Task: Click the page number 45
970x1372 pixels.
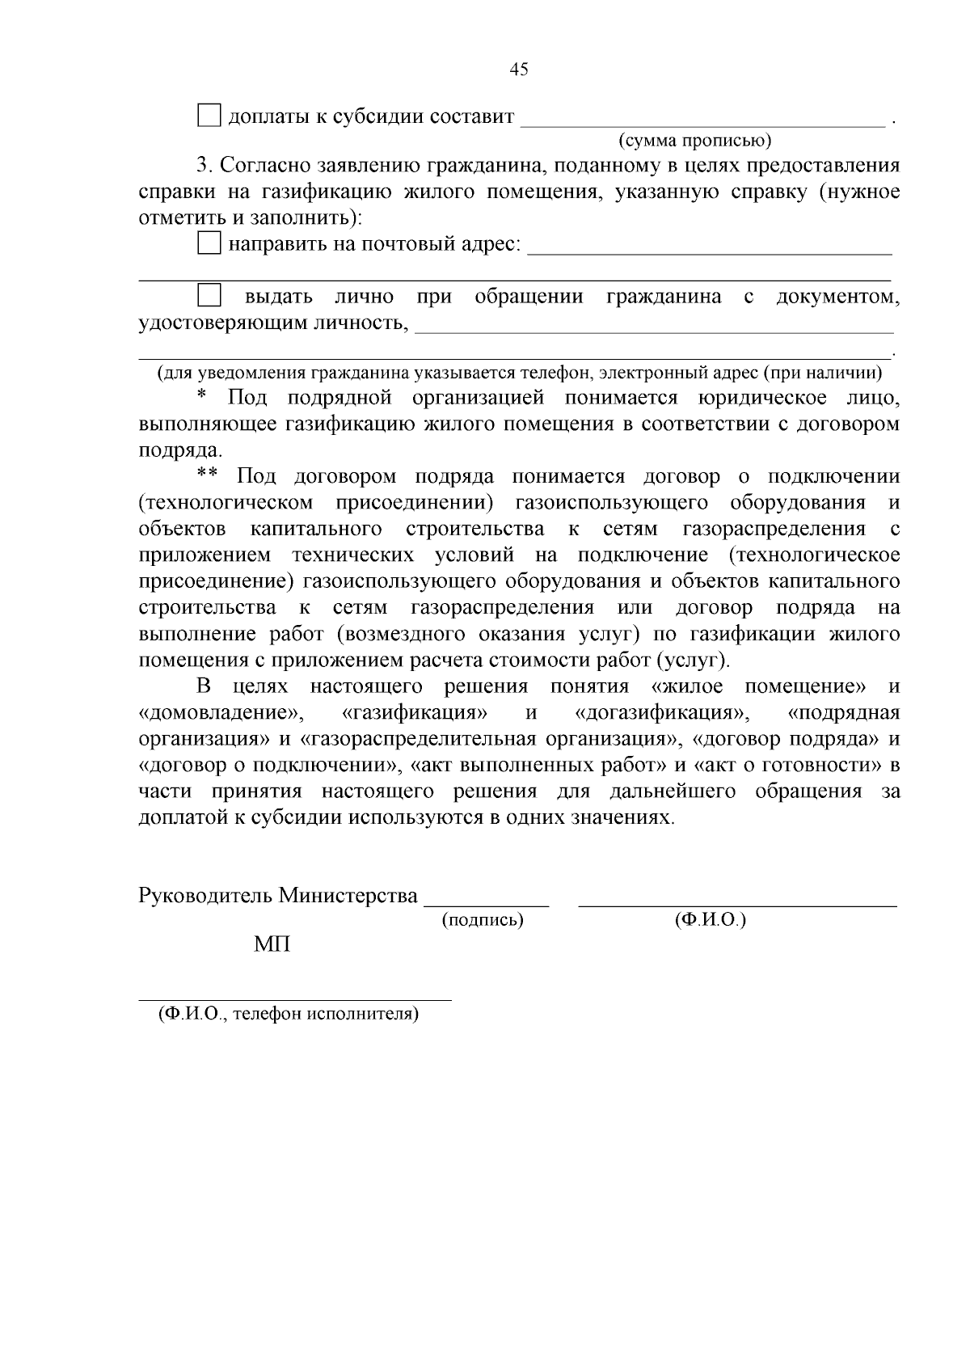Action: click(x=519, y=70)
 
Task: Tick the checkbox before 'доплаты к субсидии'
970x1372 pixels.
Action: click(x=209, y=116)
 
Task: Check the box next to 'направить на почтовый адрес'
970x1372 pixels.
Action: click(x=209, y=243)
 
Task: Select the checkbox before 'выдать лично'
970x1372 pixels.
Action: click(x=209, y=295)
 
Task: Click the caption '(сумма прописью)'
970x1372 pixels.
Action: click(x=695, y=141)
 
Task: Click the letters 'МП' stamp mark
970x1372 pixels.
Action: click(x=272, y=944)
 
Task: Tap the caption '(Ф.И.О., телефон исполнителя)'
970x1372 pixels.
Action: click(x=289, y=1014)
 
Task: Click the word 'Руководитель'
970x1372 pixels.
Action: click(x=206, y=896)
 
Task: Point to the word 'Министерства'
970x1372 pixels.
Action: click(x=348, y=896)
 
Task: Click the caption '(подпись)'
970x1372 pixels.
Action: click(x=483, y=920)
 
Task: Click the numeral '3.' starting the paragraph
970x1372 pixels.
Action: click(x=205, y=167)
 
